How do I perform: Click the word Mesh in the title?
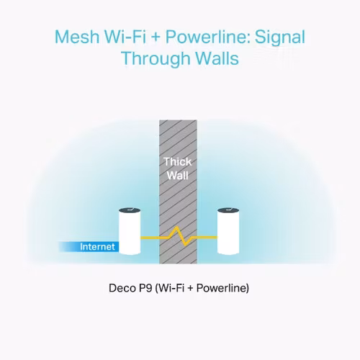pos(77,37)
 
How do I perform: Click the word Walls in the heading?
pos(217,58)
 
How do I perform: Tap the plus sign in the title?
pos(156,38)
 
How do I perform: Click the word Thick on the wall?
pos(178,161)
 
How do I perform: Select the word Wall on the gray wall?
pos(178,176)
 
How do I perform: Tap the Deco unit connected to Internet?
pos(130,231)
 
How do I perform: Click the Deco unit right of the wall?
pos(228,231)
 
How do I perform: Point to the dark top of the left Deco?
pos(130,210)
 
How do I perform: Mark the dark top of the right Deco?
pos(228,210)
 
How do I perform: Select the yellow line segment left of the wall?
pos(150,238)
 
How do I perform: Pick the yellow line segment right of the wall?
pos(207,238)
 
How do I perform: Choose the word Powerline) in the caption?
pos(222,288)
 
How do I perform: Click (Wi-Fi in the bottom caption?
pos(170,288)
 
